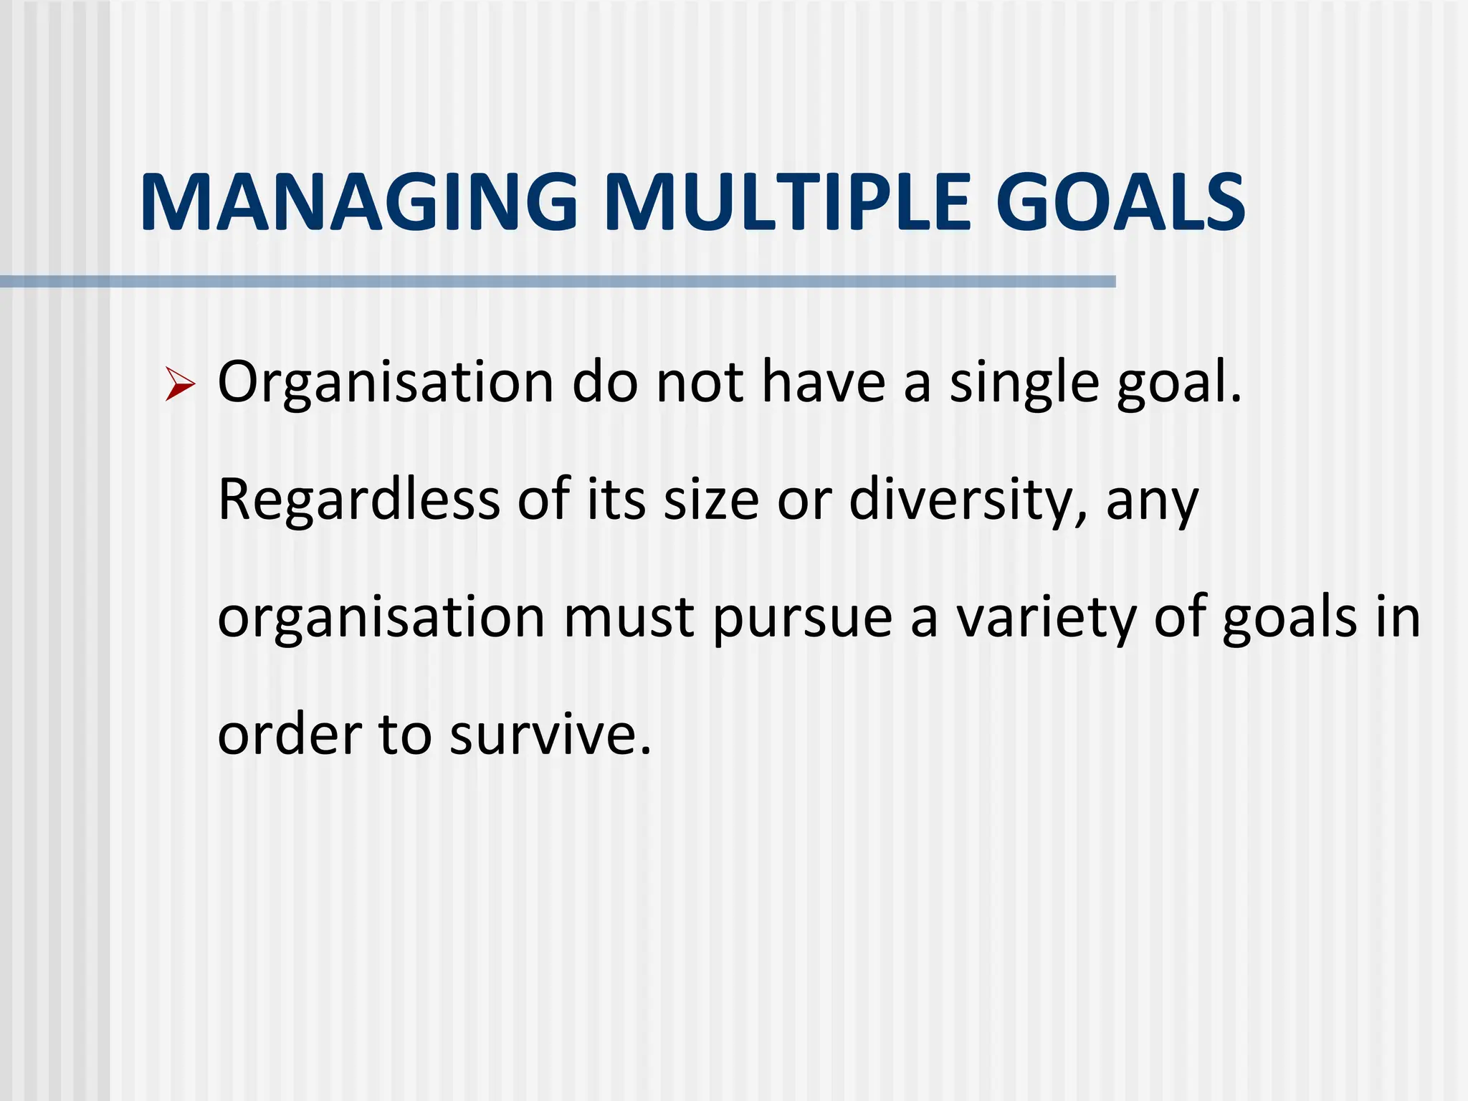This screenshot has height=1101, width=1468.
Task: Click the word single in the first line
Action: (x=1024, y=383)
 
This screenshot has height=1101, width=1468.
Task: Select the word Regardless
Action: (x=358, y=500)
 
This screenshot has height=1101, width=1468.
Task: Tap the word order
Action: (x=290, y=735)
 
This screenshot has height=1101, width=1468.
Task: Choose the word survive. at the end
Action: (x=550, y=735)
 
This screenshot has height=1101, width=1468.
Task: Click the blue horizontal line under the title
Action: (x=558, y=282)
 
